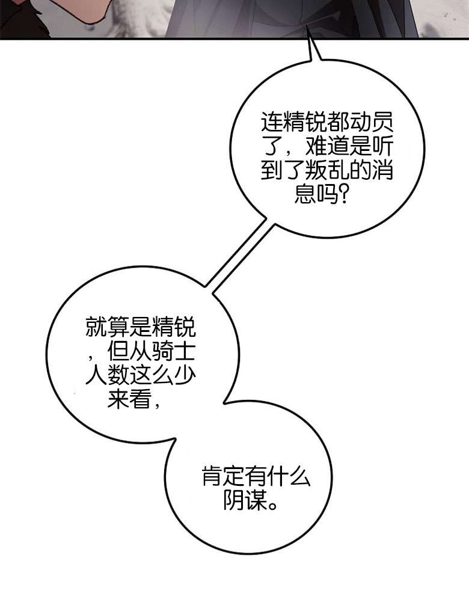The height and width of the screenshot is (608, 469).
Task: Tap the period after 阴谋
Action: point(273,505)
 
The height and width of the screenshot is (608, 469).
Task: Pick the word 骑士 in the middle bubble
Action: point(174,352)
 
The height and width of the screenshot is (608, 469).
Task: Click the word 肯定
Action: point(224,476)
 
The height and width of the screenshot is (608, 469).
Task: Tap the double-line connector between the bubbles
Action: point(239,257)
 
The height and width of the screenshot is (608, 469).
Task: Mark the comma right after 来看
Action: point(156,405)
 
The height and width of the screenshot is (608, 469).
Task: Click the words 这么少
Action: point(163,375)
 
